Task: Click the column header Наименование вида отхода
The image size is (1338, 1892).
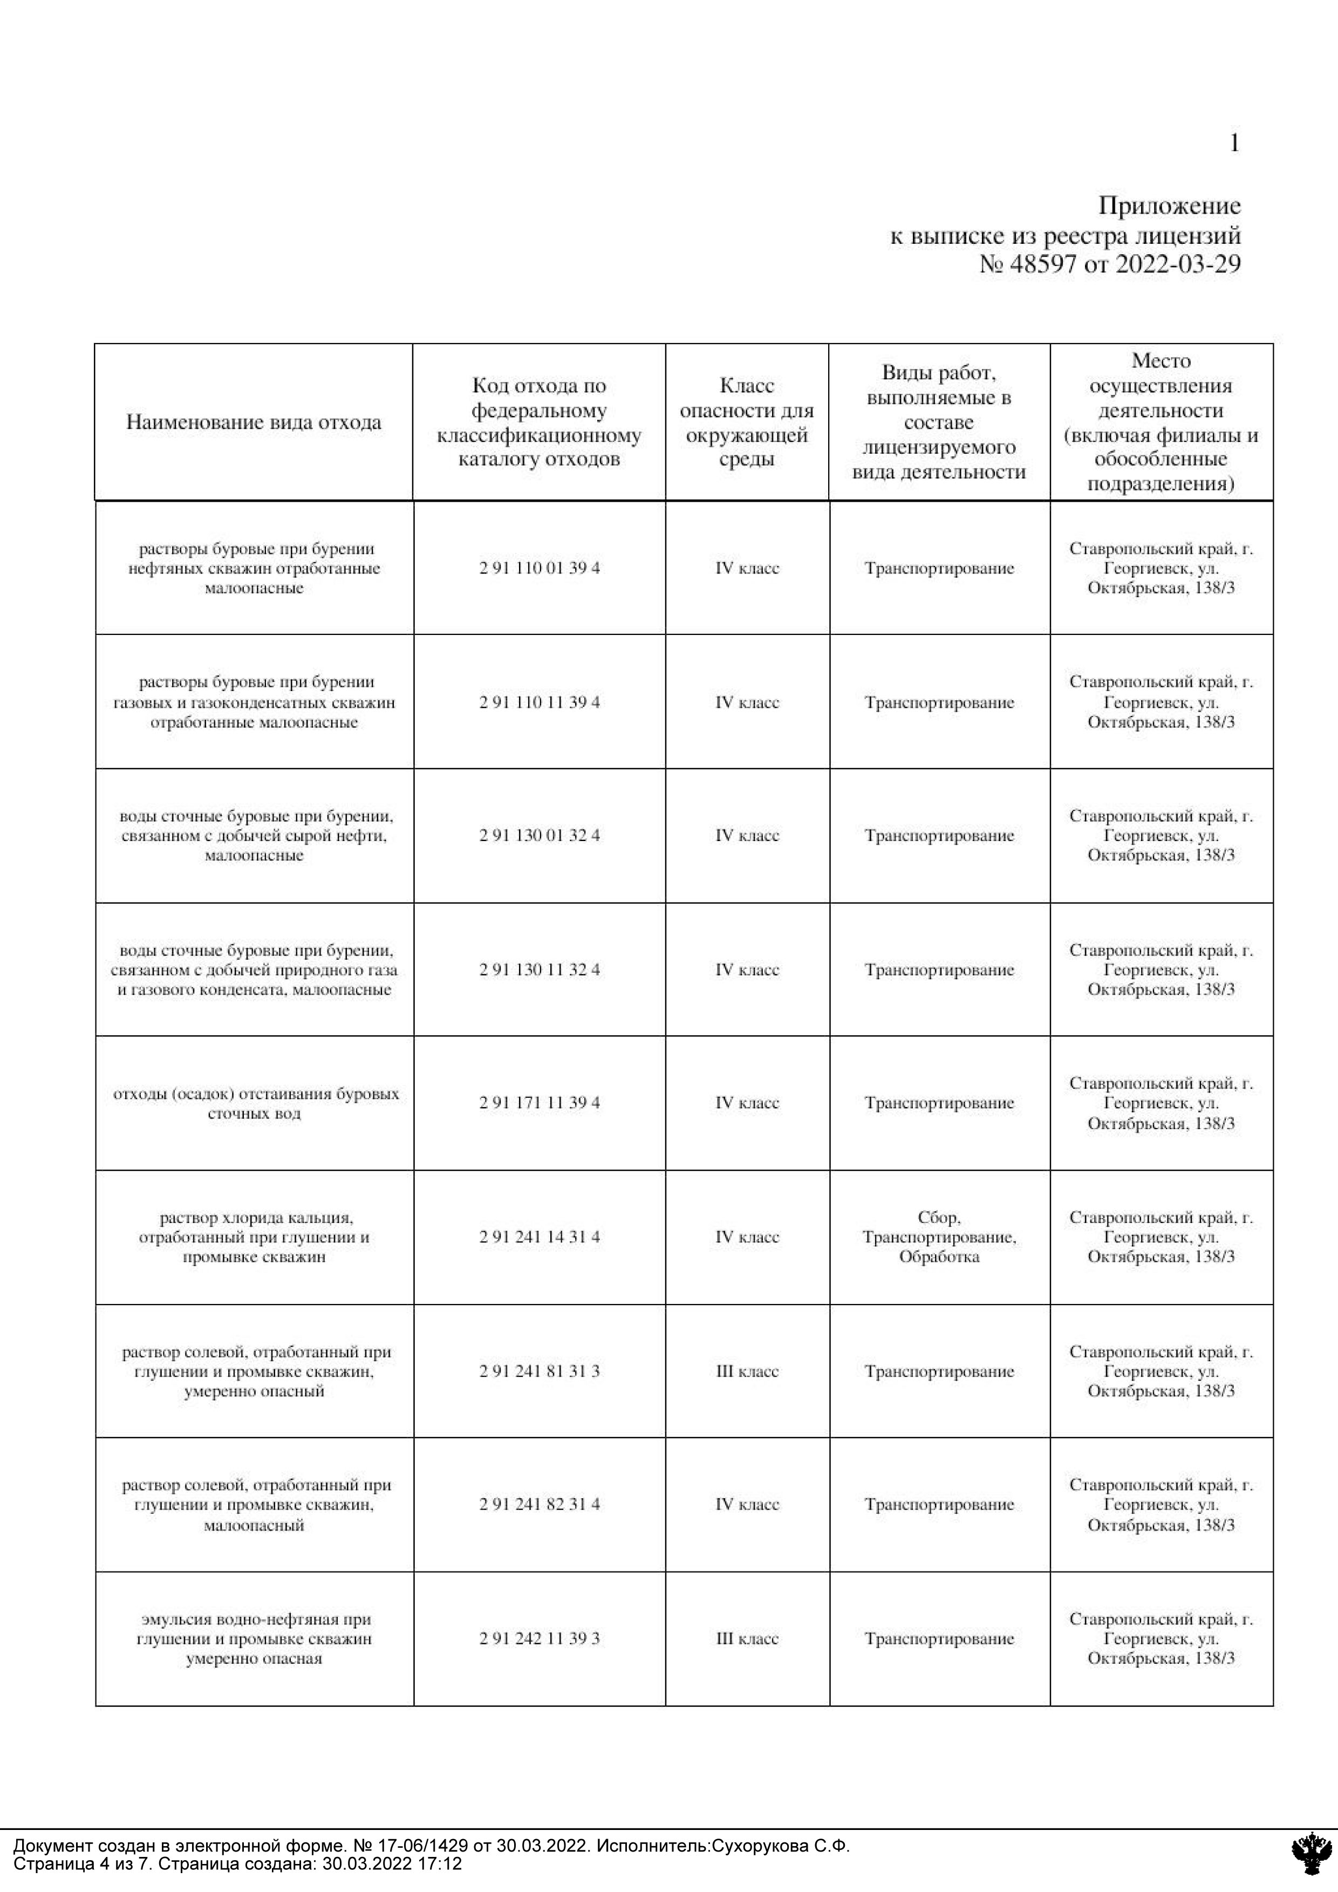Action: pyautogui.click(x=254, y=423)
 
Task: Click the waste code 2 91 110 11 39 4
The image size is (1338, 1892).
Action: pyautogui.click(x=540, y=702)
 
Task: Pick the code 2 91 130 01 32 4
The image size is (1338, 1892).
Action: pyautogui.click(x=540, y=836)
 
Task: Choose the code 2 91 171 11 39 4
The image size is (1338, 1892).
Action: pyautogui.click(x=540, y=1103)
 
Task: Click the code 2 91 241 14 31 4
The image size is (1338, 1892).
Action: pyautogui.click(x=540, y=1237)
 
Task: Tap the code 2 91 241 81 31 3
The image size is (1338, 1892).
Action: pyautogui.click(x=540, y=1371)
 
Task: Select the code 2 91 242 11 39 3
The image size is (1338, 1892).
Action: pyautogui.click(x=540, y=1638)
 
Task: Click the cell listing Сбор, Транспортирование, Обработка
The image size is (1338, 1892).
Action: pyautogui.click(x=939, y=1237)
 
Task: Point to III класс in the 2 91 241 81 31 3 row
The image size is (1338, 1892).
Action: pyautogui.click(x=747, y=1371)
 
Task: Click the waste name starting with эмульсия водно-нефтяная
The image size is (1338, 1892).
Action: pyautogui.click(x=254, y=1638)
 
